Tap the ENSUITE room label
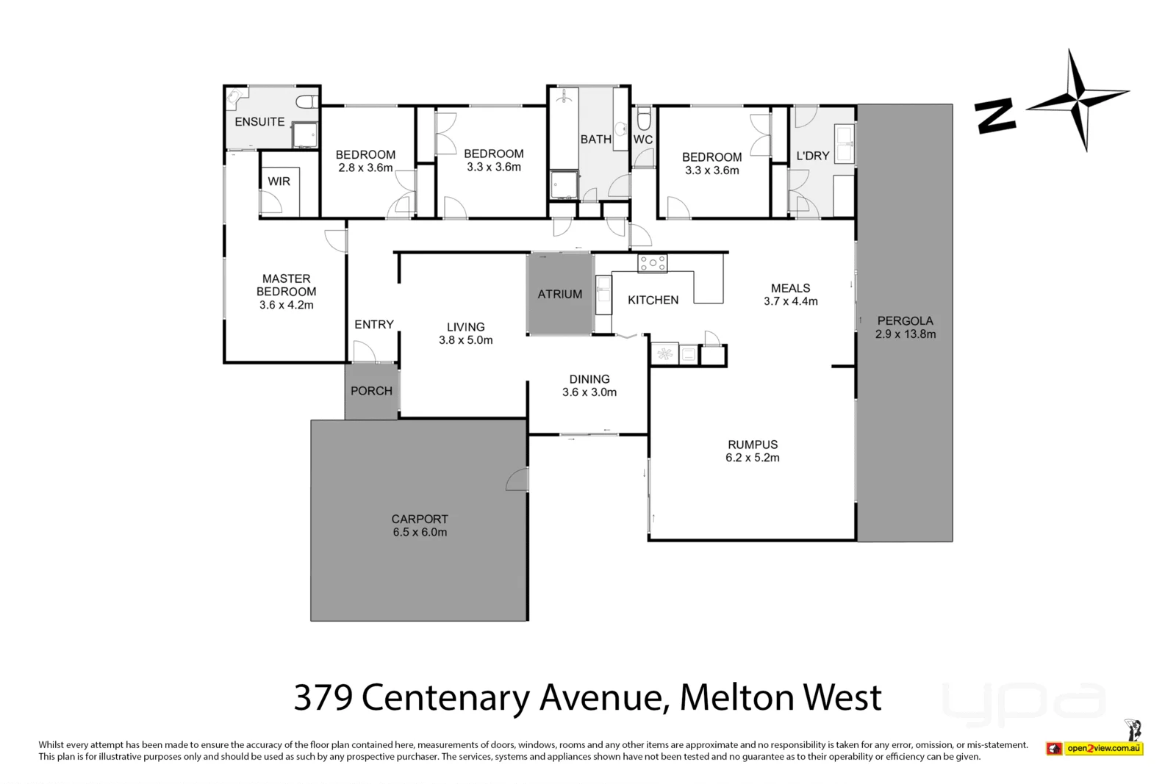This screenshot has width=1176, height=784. pos(259,122)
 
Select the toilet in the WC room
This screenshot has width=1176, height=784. pos(644,118)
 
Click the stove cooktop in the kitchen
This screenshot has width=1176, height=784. pos(653,264)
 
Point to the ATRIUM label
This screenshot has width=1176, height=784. pos(559,295)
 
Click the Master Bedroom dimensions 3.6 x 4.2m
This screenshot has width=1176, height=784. pos(286,305)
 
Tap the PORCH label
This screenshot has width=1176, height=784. pos(371,391)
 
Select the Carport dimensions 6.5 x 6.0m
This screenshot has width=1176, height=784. pos(420,532)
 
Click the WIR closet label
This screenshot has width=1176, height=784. pos(279,181)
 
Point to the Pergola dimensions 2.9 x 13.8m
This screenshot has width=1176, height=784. pos(905,334)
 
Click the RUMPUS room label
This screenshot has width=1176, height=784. pos(753,445)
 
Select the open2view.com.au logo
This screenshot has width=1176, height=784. pos(1094,748)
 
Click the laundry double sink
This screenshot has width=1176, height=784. pos(845,143)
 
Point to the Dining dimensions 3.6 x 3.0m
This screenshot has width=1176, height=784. pos(589,392)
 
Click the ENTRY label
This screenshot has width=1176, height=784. pos(374,325)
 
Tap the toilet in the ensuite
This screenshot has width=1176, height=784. pos(307,102)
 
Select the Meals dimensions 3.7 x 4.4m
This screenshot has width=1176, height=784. pos(791,301)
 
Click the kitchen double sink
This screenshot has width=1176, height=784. pos(603,295)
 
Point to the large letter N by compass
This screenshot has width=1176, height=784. pos(995,117)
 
